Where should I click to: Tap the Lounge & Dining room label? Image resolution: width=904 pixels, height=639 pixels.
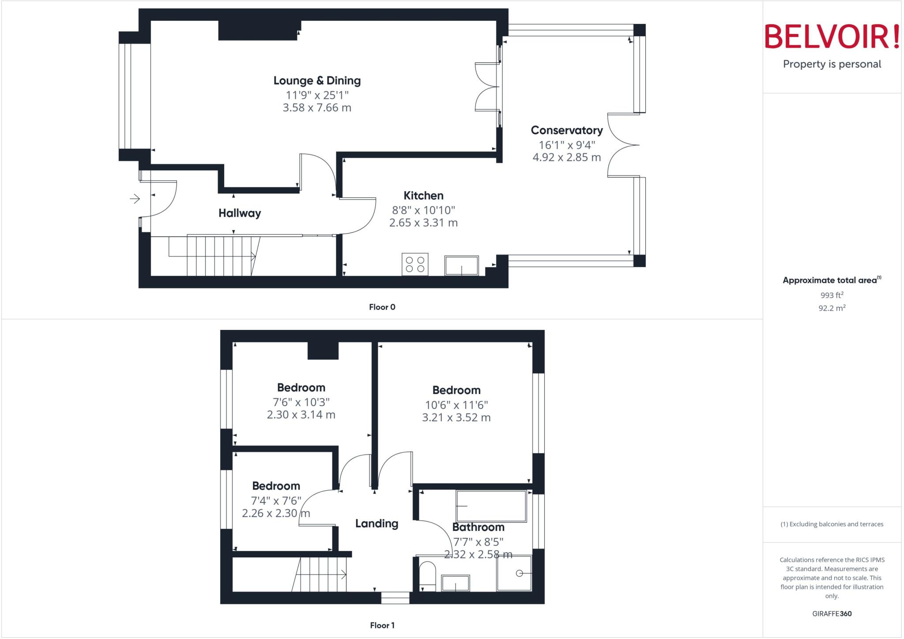(317, 81)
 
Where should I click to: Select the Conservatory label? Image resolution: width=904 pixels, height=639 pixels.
(566, 130)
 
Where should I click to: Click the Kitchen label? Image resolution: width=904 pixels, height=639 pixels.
(423, 196)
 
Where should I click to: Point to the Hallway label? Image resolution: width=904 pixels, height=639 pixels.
(240, 213)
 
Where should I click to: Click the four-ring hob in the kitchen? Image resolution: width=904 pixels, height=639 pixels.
(415, 264)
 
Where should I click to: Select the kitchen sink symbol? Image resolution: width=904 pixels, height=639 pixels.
(461, 265)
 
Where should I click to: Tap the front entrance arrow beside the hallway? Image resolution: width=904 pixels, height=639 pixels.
(135, 199)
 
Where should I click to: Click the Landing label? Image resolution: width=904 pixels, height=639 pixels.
(377, 524)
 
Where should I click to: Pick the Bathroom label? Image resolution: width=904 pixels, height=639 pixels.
(478, 527)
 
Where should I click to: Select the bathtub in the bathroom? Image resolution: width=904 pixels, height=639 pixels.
(491, 506)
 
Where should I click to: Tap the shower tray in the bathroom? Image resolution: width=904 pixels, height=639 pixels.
(514, 573)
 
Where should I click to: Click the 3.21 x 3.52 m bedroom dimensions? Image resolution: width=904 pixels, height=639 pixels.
(456, 418)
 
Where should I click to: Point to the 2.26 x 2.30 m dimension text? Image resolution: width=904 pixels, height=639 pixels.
(276, 514)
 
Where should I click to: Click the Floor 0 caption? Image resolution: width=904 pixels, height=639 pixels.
(382, 307)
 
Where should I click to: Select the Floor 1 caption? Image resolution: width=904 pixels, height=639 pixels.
(382, 625)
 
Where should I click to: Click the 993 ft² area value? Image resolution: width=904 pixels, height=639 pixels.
(832, 295)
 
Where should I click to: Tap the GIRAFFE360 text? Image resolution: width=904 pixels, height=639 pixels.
(832, 614)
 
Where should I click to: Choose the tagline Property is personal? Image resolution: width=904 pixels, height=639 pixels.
(832, 64)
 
